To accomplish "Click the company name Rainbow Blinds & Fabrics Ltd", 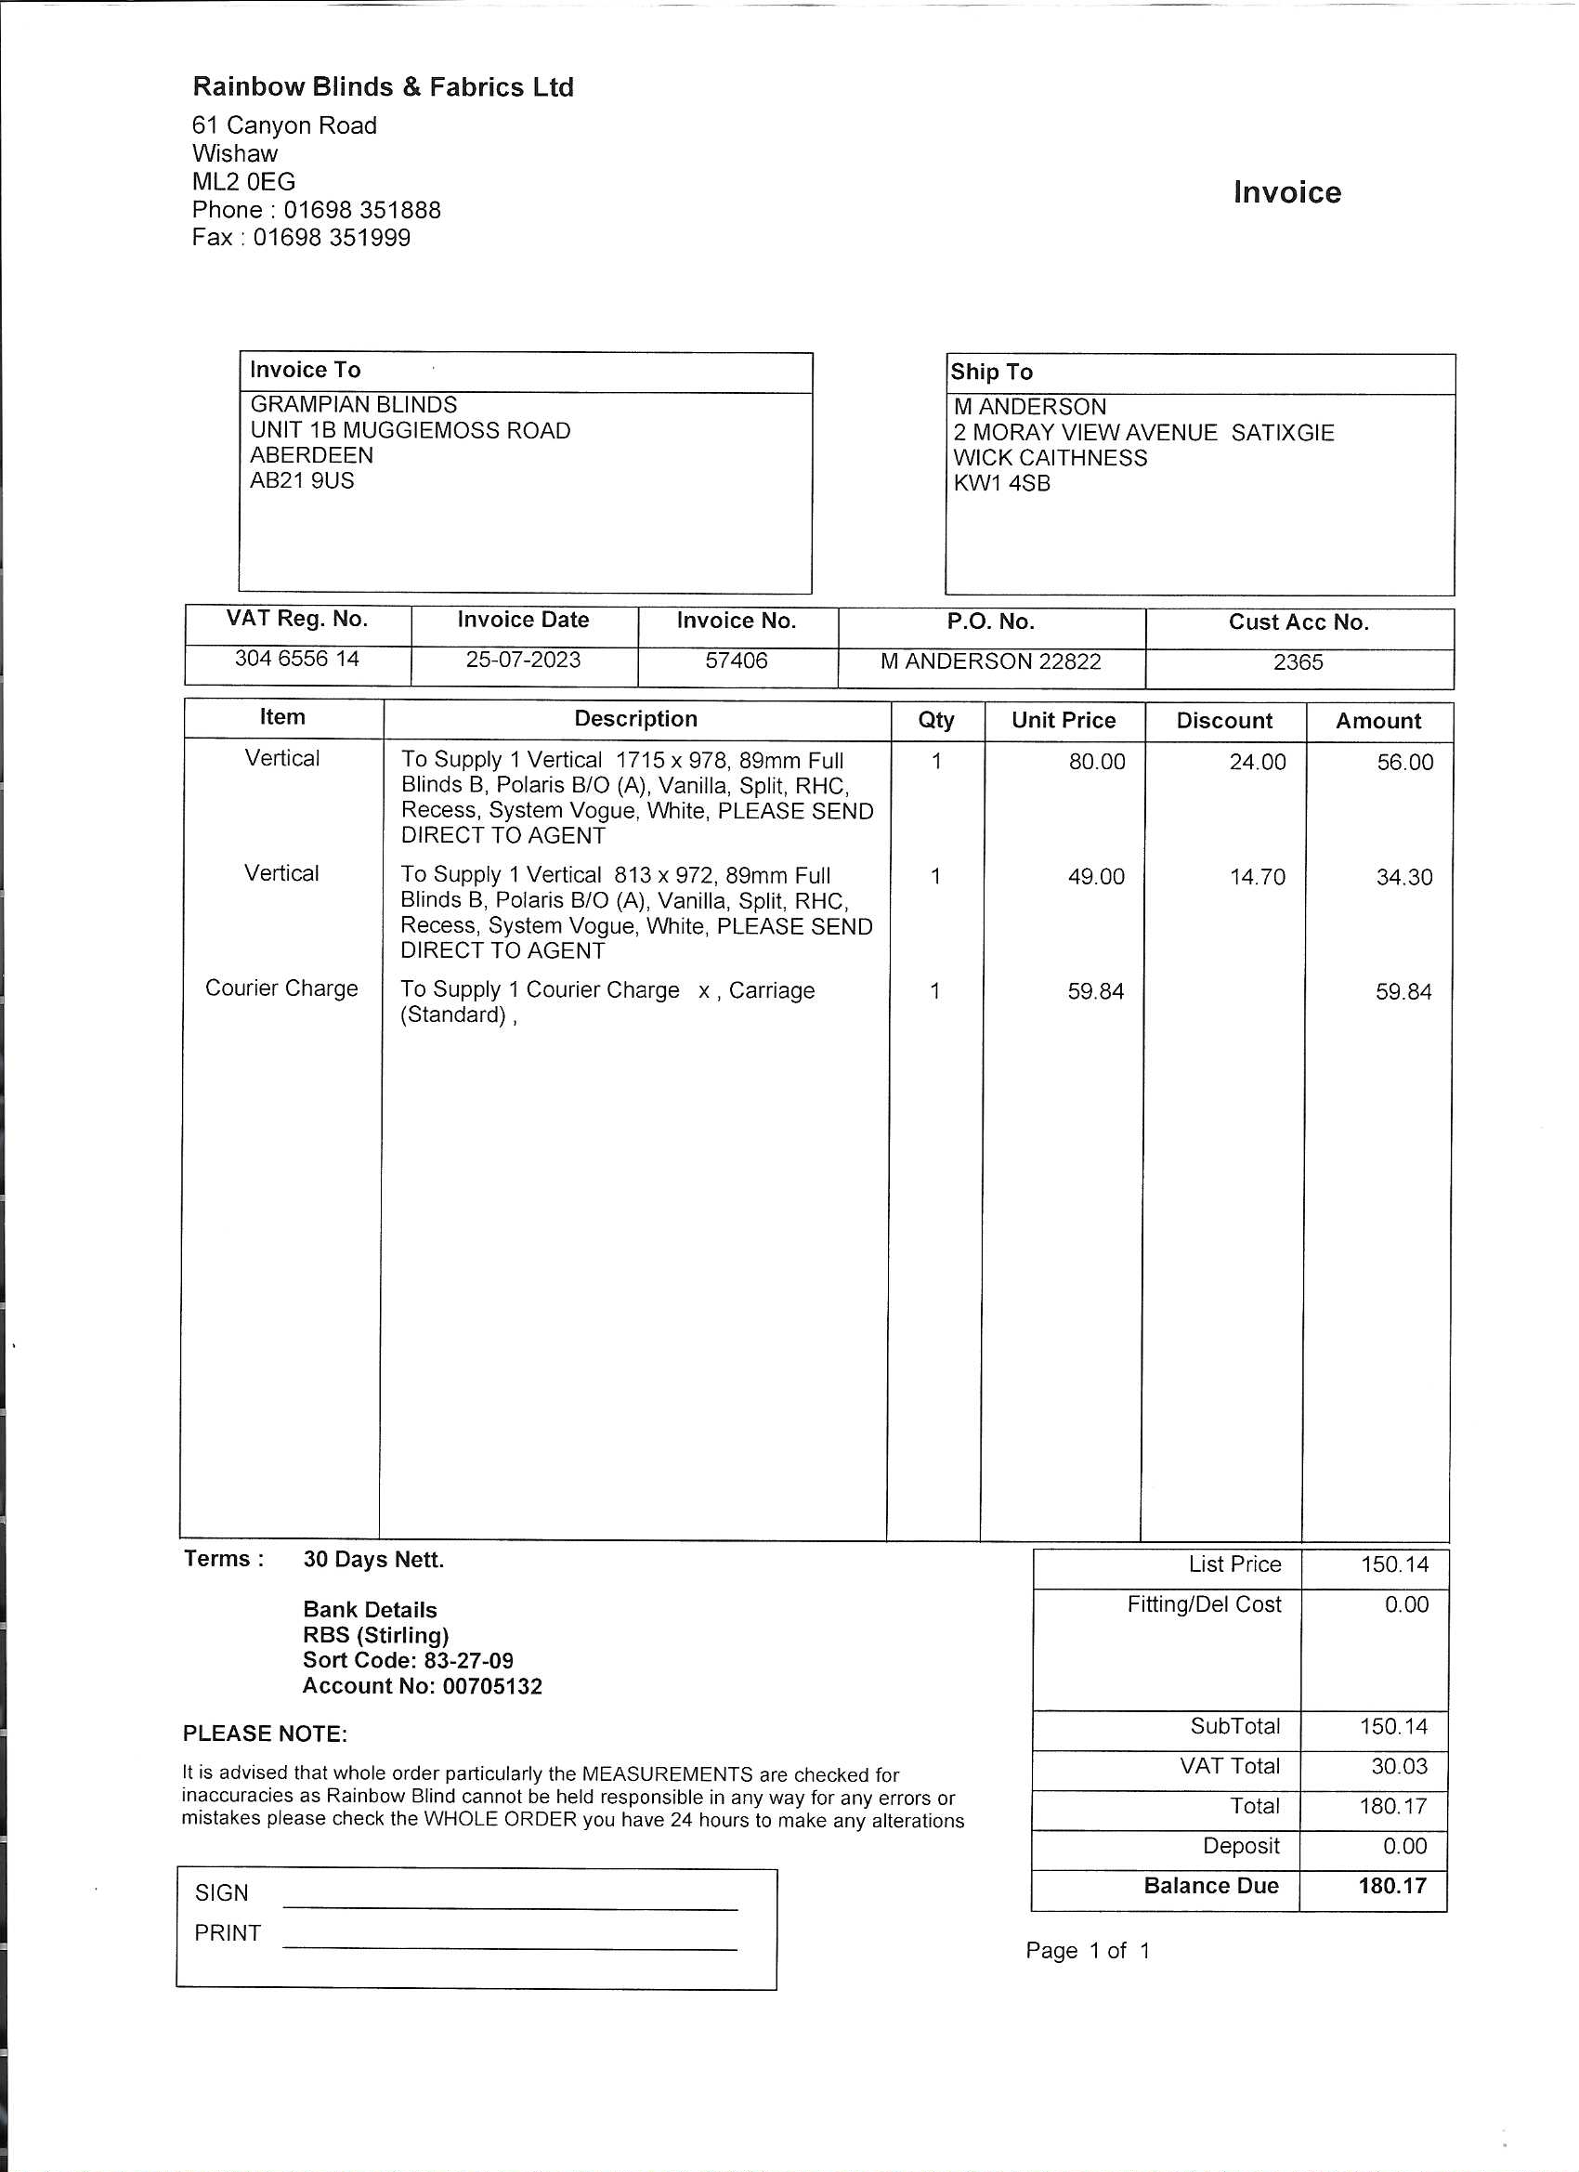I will [383, 87].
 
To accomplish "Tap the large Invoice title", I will [1287, 192].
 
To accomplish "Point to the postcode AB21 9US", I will [302, 480].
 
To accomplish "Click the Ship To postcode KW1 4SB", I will [1001, 484].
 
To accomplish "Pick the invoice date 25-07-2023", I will [523, 660].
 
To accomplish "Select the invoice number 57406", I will [737, 661].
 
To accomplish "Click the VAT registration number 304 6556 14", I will [297, 659].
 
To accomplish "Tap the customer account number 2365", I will [1298, 662].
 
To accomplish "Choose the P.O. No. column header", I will [990, 622].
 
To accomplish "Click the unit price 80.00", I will [1096, 763].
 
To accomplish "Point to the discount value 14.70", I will [1258, 877].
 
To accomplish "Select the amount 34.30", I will [1403, 877].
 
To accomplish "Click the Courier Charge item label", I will [281, 988].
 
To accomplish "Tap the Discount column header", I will [1224, 721].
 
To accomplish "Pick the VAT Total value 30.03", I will [1399, 1766].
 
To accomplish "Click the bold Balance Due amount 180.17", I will [1391, 1886].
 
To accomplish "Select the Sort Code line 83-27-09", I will [408, 1661].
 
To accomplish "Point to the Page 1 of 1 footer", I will [1087, 1951].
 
